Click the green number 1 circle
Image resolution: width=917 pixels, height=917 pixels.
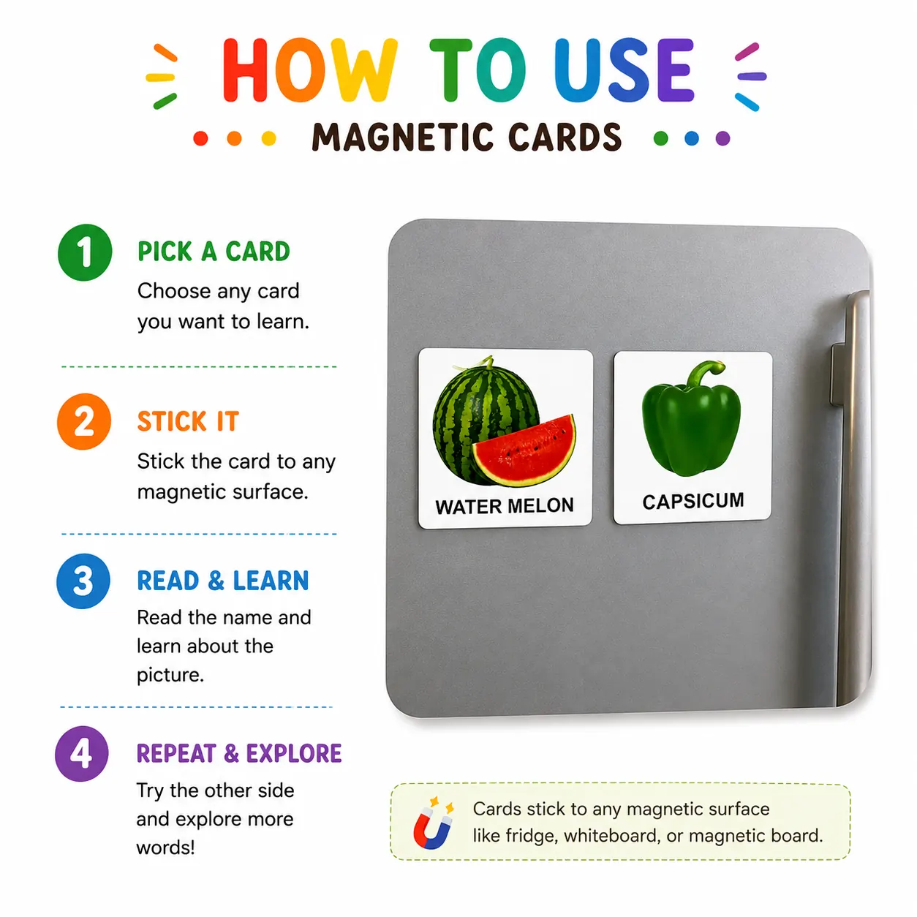click(x=85, y=252)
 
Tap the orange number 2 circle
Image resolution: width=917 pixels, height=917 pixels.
click(x=84, y=421)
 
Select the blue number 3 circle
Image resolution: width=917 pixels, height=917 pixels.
click(x=83, y=581)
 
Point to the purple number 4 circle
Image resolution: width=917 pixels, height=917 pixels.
click(x=82, y=754)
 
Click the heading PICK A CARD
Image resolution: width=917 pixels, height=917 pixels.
click(x=214, y=252)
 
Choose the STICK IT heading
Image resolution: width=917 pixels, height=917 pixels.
click(x=188, y=421)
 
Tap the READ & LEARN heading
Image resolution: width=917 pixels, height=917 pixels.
click(x=223, y=581)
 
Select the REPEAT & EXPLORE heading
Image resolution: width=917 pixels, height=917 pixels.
click(x=239, y=753)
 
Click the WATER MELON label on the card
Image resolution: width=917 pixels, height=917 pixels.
click(x=505, y=506)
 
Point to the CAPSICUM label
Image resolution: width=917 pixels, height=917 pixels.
click(x=693, y=501)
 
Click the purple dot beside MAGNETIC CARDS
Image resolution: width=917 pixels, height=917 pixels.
click(x=722, y=138)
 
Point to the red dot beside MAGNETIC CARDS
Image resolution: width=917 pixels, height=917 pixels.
click(x=201, y=138)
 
